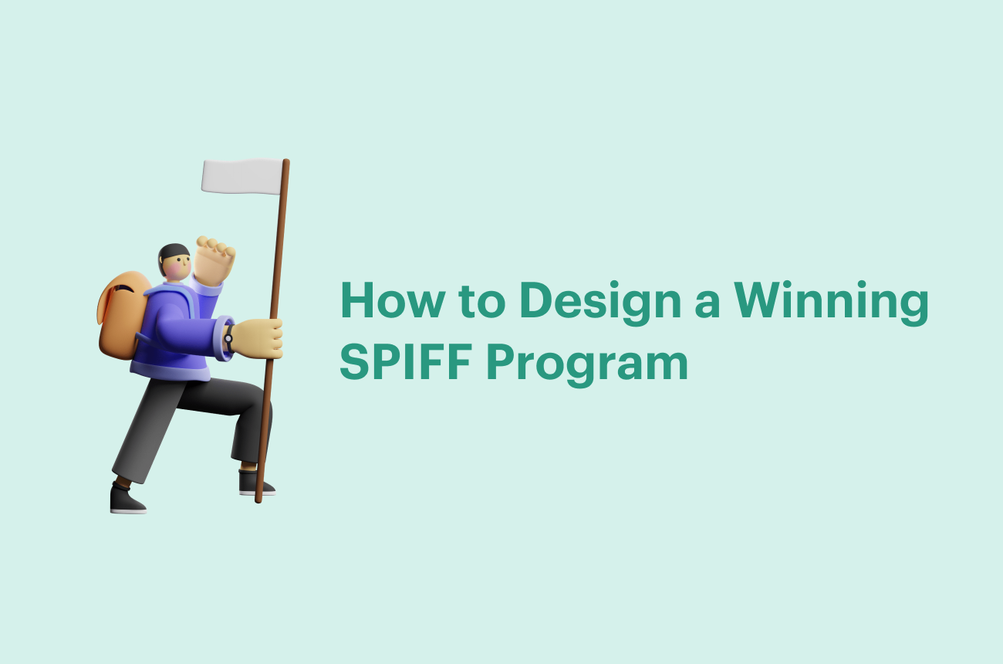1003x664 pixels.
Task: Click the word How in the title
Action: pos(393,300)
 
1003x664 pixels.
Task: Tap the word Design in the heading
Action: pos(601,303)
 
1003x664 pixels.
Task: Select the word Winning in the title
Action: pos(831,303)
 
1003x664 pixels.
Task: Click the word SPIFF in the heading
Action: pos(406,361)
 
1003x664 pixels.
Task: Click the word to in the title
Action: pos(481,301)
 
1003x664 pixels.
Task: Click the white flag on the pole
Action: pos(242,177)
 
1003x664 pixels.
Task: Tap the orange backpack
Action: pos(123,315)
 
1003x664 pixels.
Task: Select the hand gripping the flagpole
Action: pos(258,338)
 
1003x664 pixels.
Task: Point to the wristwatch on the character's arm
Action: pos(228,338)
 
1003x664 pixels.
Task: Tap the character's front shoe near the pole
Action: pos(255,483)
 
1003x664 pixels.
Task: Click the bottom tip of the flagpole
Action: pos(258,502)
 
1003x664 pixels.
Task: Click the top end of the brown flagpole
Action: pos(286,161)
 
